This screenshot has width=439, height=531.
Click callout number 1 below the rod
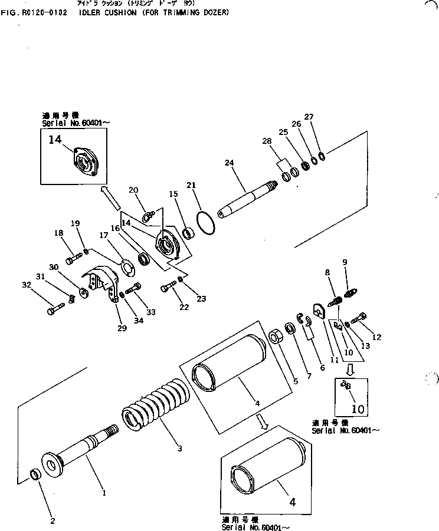pos(104,492)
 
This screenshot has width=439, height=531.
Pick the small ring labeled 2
pos(35,473)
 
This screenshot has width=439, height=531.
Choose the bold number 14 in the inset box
pos(54,139)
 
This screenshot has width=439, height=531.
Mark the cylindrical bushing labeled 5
pos(276,338)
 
